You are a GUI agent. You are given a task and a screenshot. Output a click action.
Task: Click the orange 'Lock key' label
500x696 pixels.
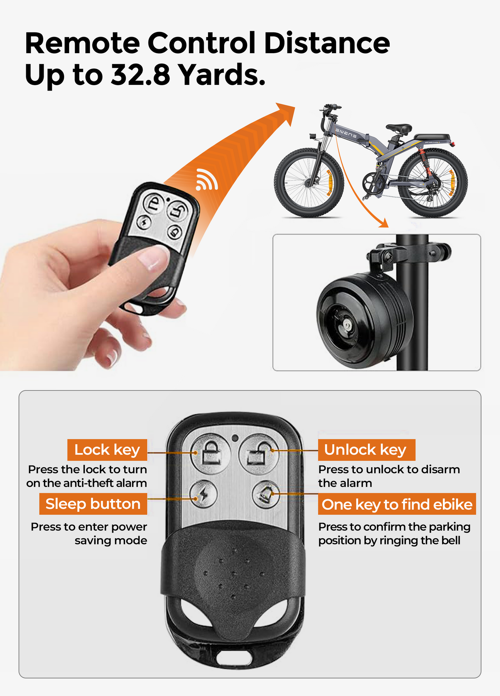[x=107, y=450]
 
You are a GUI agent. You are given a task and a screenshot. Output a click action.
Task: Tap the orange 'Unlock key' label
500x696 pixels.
[x=366, y=450]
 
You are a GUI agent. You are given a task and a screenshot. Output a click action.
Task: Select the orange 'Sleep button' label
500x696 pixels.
[x=93, y=504]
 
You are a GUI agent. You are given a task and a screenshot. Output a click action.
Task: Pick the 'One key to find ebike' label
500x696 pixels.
[x=397, y=504]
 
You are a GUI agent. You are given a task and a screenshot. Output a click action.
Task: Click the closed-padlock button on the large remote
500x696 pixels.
[x=211, y=453]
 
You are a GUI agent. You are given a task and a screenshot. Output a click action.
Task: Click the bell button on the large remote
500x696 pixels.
[x=266, y=494]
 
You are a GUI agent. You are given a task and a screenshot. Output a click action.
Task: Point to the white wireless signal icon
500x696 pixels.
[x=206, y=179]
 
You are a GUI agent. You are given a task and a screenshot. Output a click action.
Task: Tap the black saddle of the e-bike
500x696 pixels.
[x=399, y=128]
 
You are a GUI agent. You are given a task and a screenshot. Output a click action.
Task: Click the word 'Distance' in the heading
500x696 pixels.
[x=327, y=43]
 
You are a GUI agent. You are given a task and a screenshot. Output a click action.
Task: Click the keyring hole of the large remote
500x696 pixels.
[x=234, y=656]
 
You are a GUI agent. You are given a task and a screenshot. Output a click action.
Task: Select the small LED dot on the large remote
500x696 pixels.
[x=235, y=438]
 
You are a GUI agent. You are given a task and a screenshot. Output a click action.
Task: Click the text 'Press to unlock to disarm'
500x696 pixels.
[x=389, y=469]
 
